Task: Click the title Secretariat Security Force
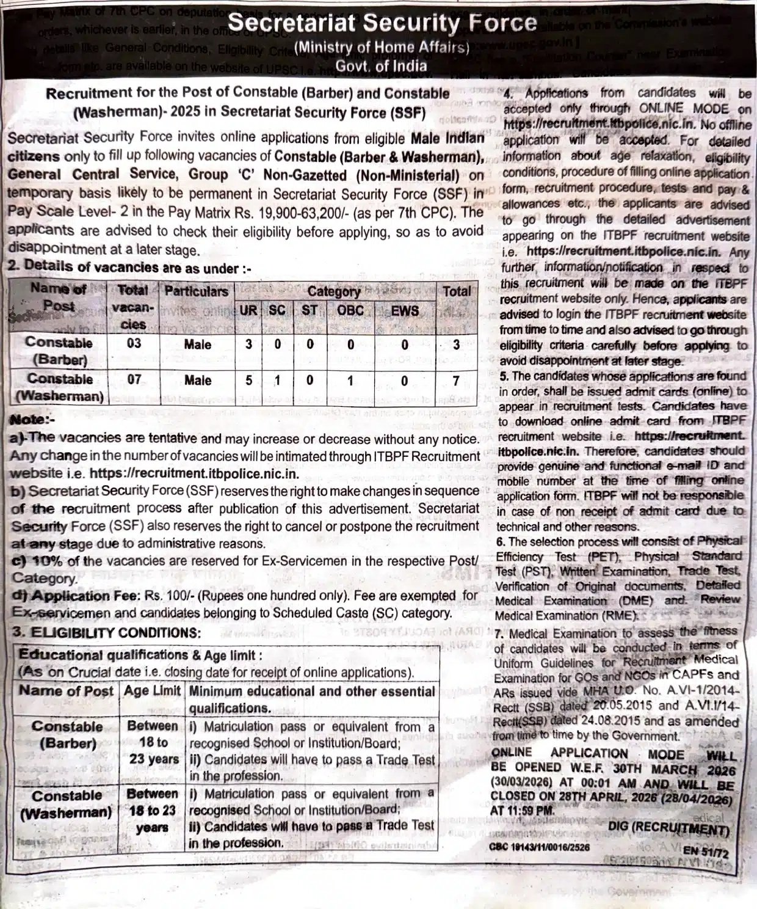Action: pyautogui.click(x=383, y=24)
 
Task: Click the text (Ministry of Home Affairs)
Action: pyautogui.click(x=382, y=47)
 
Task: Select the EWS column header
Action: pyautogui.click(x=405, y=310)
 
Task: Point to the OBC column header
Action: pyautogui.click(x=350, y=310)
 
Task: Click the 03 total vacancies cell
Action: pyautogui.click(x=134, y=343)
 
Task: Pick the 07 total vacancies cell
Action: pyautogui.click(x=134, y=380)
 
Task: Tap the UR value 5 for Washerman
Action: pyautogui.click(x=248, y=381)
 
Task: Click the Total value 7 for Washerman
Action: pyautogui.click(x=456, y=381)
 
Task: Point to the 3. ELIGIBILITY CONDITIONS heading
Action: pyautogui.click(x=106, y=632)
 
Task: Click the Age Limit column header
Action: pyautogui.click(x=153, y=691)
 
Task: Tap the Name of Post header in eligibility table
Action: pyautogui.click(x=66, y=691)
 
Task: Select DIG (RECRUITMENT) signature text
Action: pyautogui.click(x=668, y=829)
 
